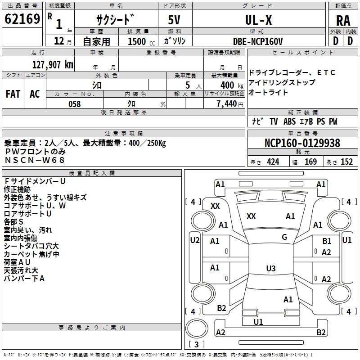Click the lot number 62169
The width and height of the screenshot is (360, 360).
point(22,19)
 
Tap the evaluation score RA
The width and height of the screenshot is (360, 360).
point(343,21)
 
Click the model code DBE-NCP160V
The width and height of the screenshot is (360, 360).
point(258,41)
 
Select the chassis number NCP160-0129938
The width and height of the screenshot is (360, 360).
point(302,143)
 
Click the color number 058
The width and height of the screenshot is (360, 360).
point(74,104)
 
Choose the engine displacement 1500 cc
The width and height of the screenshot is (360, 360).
point(138,41)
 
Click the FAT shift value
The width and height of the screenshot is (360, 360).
point(13,94)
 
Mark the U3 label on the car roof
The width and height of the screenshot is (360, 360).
point(270,269)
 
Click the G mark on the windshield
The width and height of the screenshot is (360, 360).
point(284,237)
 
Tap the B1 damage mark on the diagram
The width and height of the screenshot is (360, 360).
point(327,241)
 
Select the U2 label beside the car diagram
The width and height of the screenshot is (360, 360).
point(194,240)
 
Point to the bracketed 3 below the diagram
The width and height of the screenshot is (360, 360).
point(197,345)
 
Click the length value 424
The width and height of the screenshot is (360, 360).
point(273,162)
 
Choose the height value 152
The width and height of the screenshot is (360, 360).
point(346,162)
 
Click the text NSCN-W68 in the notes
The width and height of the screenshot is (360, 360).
point(35,160)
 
